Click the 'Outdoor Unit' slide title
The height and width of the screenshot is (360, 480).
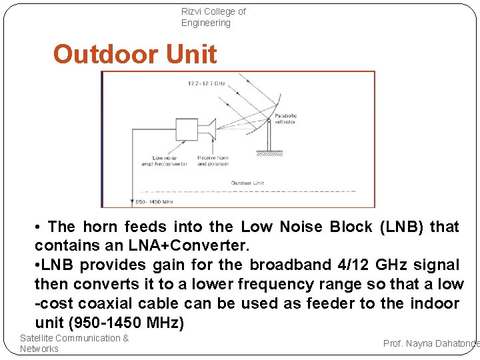[135, 54]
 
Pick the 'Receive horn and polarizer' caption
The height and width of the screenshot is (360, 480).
[213, 161]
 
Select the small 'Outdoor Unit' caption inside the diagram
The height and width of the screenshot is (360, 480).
[247, 183]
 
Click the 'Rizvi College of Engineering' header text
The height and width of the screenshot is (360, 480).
[213, 17]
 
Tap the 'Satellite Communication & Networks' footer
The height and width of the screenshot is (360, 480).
[74, 343]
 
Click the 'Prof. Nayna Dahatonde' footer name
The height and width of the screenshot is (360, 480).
[431, 343]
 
